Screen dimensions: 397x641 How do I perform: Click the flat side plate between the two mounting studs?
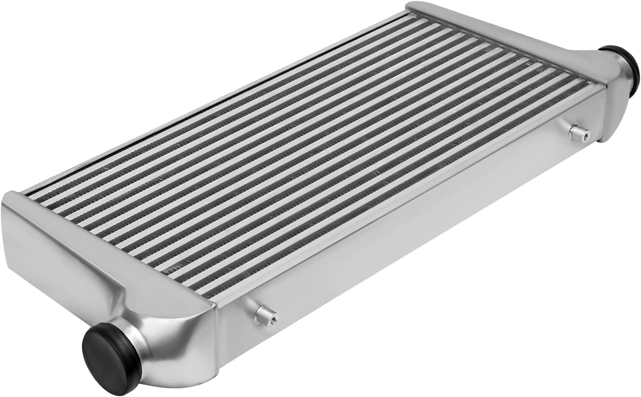(x=403, y=224)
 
